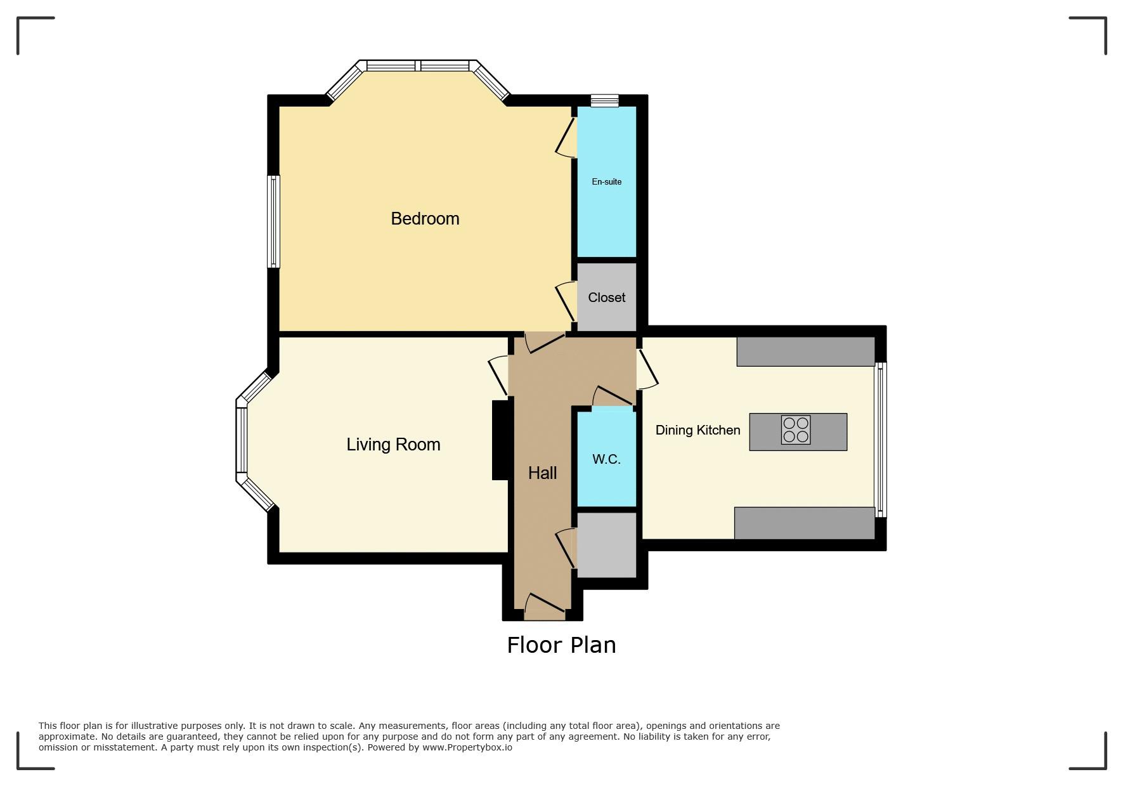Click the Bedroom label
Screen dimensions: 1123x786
click(x=425, y=219)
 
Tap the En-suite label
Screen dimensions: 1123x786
click(x=606, y=181)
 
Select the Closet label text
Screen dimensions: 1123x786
click(x=606, y=298)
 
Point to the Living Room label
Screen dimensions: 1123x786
click(x=393, y=445)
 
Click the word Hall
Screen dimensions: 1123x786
click(x=542, y=473)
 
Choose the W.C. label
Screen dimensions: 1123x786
click(x=606, y=459)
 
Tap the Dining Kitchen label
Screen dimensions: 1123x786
click(x=698, y=430)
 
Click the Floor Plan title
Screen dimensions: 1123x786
click(x=561, y=645)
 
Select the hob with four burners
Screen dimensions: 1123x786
click(x=795, y=429)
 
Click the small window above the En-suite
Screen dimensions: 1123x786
click(x=604, y=100)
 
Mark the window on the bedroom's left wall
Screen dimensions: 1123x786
click(x=274, y=221)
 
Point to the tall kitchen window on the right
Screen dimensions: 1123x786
click(x=881, y=440)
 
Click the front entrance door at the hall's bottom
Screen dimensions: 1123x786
click(x=545, y=606)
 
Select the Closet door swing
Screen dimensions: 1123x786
click(x=566, y=302)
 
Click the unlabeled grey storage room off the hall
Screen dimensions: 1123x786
click(x=606, y=545)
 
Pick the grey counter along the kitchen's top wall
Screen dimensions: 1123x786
click(x=805, y=351)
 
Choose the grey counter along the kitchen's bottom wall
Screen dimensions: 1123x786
click(x=805, y=523)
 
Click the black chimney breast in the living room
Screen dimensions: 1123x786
click(x=501, y=440)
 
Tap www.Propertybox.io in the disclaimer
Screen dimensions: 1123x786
click(x=467, y=747)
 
